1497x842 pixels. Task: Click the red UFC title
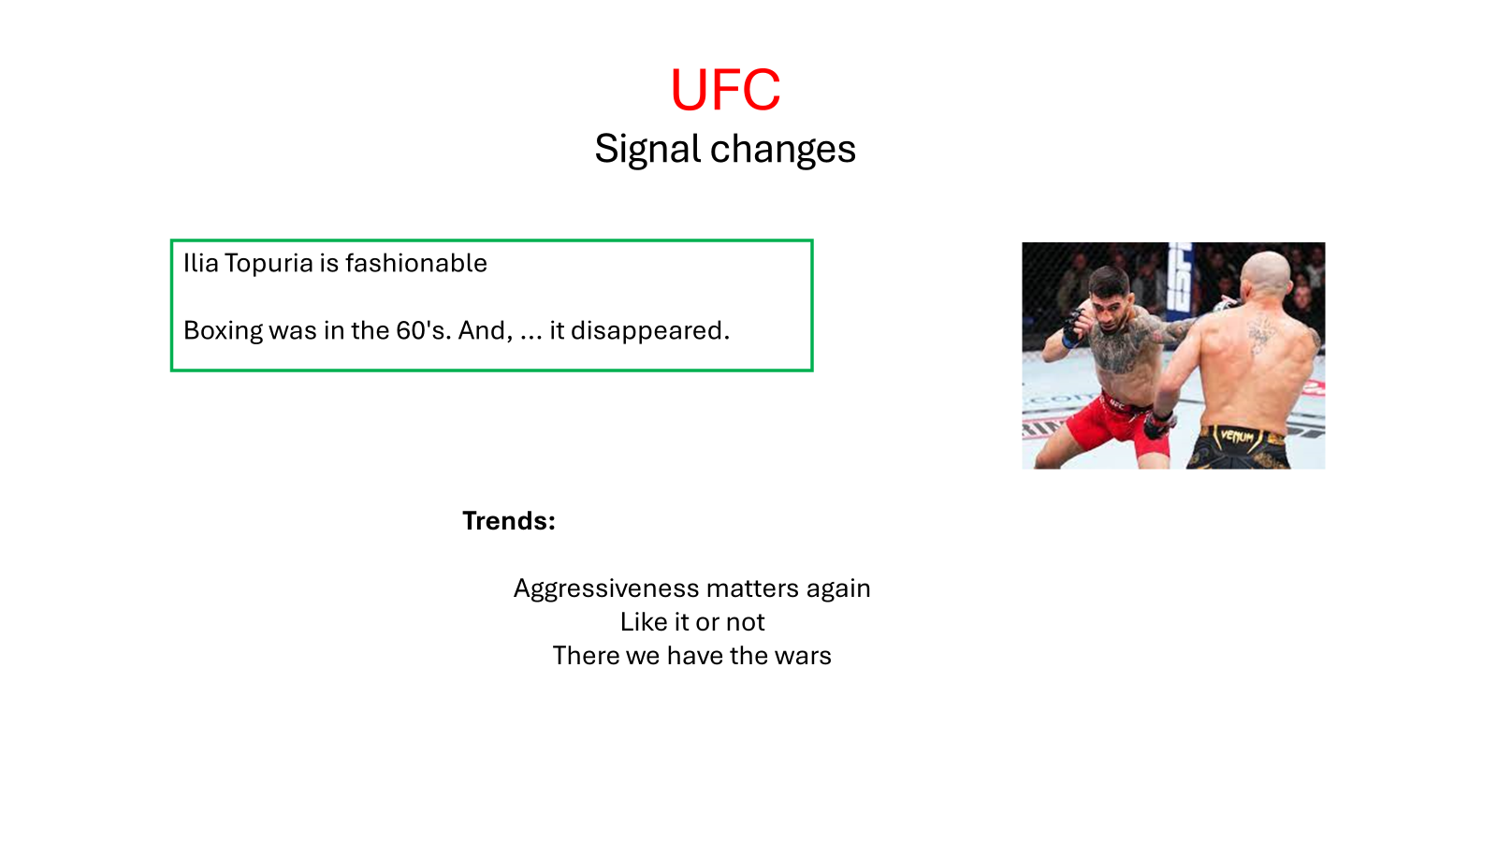coord(725,90)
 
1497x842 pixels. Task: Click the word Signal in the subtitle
coord(647,149)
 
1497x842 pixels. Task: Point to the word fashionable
coord(416,263)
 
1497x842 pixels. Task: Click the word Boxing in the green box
coord(224,331)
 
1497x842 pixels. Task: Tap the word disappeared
coord(650,331)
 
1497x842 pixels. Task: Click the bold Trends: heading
coord(509,521)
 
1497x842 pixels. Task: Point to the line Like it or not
coord(692,622)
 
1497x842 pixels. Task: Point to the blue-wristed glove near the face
coord(1073,328)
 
